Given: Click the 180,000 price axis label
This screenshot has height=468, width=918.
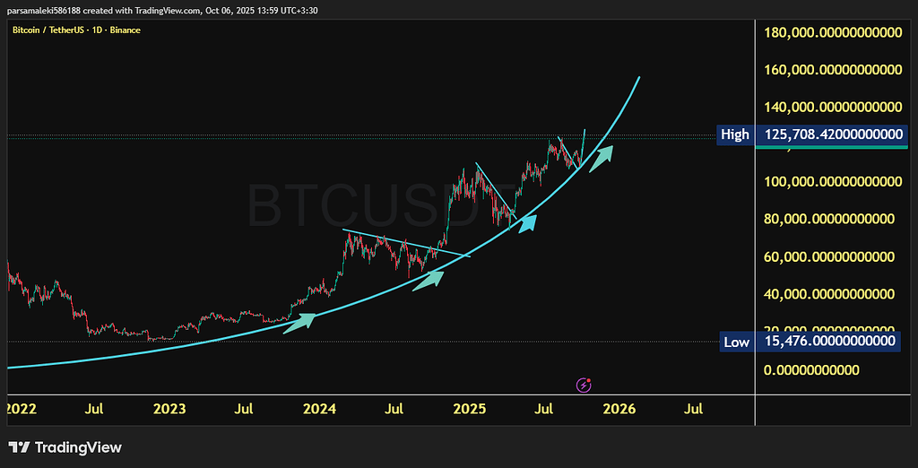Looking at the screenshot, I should (832, 33).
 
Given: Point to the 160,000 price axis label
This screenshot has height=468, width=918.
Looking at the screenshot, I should (832, 70).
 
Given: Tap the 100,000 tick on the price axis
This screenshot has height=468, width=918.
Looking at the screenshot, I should (832, 182).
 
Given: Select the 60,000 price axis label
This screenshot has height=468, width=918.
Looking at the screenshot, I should (832, 257).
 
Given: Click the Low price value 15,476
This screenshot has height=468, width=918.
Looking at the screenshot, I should (830, 342).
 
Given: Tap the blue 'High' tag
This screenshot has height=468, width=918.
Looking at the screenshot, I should (735, 134).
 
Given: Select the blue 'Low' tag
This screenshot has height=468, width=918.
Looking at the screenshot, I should (736, 342).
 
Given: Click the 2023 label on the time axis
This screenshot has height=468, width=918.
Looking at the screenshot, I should (169, 410).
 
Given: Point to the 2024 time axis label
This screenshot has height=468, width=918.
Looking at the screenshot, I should (319, 410).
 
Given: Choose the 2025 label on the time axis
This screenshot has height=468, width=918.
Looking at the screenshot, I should (469, 410).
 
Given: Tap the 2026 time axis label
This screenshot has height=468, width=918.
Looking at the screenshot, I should (619, 410).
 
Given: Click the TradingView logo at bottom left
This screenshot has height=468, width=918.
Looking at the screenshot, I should (65, 447).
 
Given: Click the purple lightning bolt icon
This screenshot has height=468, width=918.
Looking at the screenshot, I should (585, 385).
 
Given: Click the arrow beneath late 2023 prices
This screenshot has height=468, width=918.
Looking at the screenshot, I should (299, 322).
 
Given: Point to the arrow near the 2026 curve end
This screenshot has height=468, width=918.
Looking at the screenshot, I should (601, 160).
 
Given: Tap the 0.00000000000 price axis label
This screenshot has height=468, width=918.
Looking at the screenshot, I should (811, 370).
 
